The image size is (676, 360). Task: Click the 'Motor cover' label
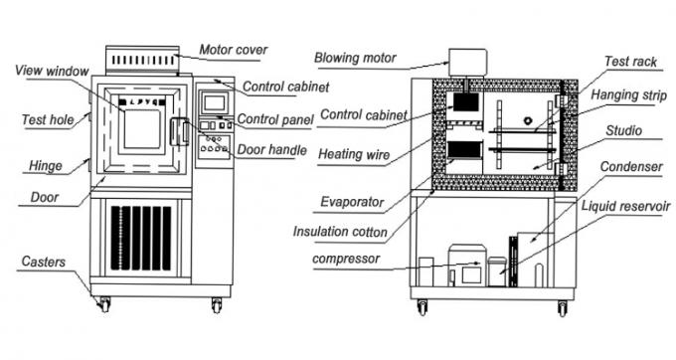pyautogui.click(x=233, y=49)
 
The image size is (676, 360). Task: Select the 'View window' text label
pyautogui.click(x=53, y=70)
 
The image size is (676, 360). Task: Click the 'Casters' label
pyautogui.click(x=44, y=262)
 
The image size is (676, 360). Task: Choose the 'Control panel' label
pyautogui.click(x=275, y=120)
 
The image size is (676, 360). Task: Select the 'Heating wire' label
pyautogui.click(x=354, y=154)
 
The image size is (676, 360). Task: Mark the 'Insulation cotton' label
pyautogui.click(x=340, y=232)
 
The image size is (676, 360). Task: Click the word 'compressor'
pyautogui.click(x=346, y=260)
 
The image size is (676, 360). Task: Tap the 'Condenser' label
pyautogui.click(x=634, y=166)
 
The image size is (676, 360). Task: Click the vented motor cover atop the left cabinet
pyautogui.click(x=141, y=61)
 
